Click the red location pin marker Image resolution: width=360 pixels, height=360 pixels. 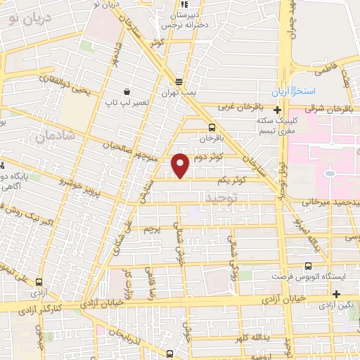[x=181, y=165]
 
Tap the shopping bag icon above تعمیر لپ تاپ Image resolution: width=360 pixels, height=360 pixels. [x=127, y=91]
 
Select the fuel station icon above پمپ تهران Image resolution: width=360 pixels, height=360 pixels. [x=179, y=81]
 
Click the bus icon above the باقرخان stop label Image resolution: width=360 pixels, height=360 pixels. [x=212, y=127]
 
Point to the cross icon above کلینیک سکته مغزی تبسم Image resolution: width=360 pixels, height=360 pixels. [x=278, y=110]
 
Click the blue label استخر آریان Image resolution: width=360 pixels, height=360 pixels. [x=295, y=93]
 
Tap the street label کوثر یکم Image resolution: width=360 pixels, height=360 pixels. [x=231, y=181]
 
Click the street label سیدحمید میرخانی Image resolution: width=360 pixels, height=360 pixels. [x=331, y=202]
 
